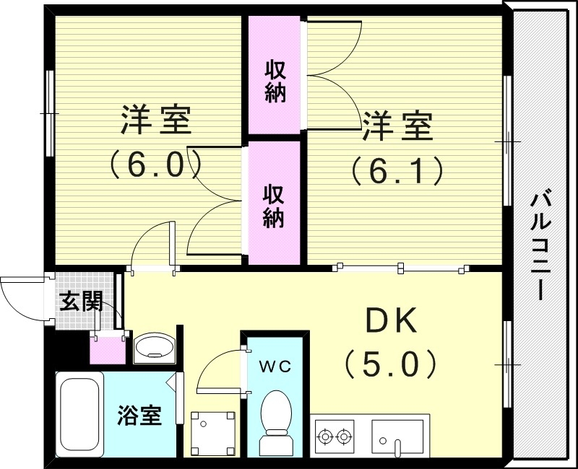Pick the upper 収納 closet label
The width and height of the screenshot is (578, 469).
[275, 82]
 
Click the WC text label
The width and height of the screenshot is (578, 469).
[275, 367]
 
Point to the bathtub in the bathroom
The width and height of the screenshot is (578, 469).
[79, 415]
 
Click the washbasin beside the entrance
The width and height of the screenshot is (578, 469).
[154, 347]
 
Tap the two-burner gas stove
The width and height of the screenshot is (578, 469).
[334, 436]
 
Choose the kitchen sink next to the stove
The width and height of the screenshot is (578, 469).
[400, 436]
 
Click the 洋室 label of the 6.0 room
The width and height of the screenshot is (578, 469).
[155, 121]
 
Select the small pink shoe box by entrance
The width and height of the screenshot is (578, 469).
[105, 350]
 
